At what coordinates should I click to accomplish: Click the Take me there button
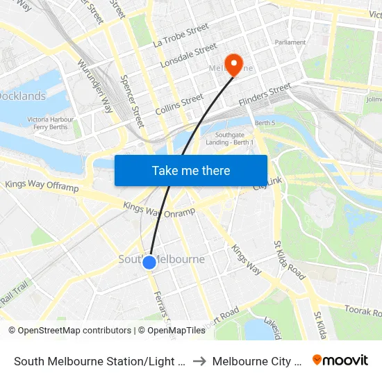click(191, 170)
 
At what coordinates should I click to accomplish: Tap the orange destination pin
click(233, 65)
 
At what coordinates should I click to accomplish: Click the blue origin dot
click(149, 262)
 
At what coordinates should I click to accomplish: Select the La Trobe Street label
click(181, 35)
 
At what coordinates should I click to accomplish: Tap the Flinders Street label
click(265, 94)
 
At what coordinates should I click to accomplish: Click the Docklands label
click(22, 97)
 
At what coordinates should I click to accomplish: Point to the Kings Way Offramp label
click(42, 186)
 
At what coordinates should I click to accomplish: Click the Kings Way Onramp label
click(159, 209)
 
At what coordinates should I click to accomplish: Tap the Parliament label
click(290, 42)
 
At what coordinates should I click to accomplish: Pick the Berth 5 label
click(265, 123)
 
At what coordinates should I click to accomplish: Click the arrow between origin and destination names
click(199, 361)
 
